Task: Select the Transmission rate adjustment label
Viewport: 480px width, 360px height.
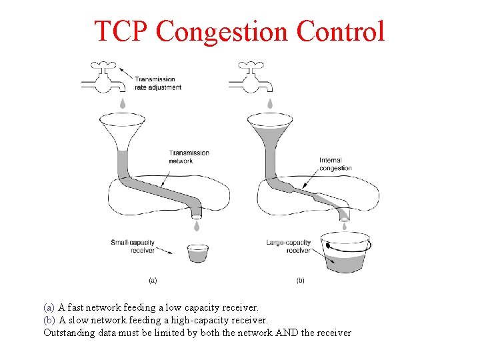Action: click(x=158, y=83)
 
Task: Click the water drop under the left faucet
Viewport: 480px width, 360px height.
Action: click(x=122, y=103)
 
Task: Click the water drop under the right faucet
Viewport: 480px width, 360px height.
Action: click(x=270, y=103)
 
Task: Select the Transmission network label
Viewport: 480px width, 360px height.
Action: click(x=189, y=157)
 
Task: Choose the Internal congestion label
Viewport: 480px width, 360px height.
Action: click(x=335, y=164)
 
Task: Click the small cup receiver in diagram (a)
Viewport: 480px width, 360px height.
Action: click(x=197, y=253)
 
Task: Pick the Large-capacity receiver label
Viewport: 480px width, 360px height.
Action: click(x=289, y=246)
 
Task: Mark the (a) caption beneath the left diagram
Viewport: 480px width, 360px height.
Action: click(x=153, y=281)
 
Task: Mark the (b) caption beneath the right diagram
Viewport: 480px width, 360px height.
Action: click(x=300, y=281)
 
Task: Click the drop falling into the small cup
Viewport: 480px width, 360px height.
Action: click(x=197, y=227)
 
